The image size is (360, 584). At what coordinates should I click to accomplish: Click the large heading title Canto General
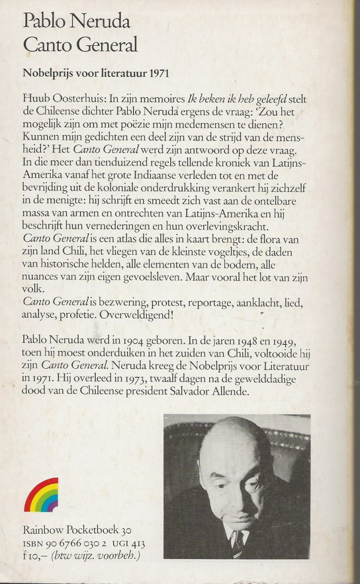pos(79,44)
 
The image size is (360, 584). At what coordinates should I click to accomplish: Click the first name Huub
pos(34,99)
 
